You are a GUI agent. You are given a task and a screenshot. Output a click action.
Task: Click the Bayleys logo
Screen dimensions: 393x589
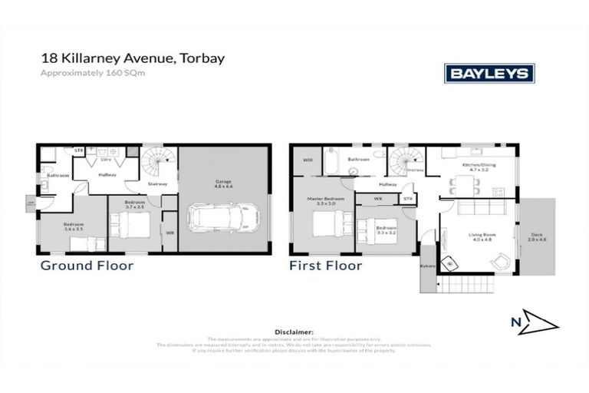point(489,73)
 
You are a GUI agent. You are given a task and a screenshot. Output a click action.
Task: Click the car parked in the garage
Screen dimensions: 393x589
point(222,216)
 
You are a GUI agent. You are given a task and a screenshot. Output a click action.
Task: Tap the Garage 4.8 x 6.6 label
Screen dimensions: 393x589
point(223,183)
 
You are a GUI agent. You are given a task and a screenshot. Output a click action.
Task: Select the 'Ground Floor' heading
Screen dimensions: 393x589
point(87,266)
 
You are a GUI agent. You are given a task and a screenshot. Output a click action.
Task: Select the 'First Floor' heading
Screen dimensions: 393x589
point(325,266)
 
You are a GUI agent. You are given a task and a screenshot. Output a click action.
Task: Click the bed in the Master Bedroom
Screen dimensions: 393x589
point(327,227)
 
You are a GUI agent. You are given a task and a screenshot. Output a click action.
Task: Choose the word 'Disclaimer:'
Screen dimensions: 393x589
point(294,332)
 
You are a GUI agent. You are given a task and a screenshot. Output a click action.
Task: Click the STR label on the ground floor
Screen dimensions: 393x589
point(78,150)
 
